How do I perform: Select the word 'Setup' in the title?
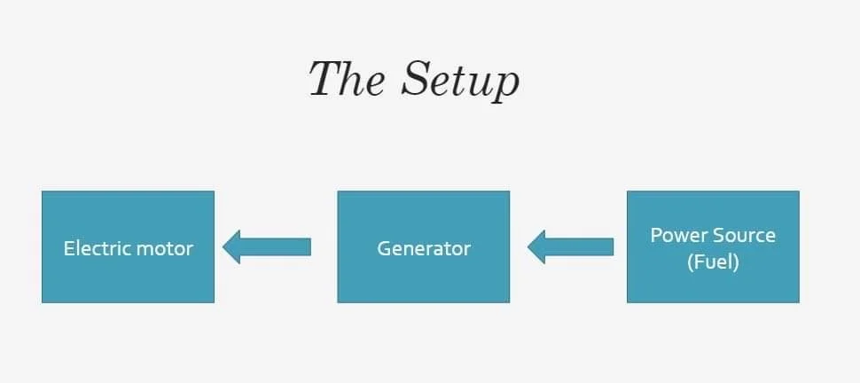point(458,80)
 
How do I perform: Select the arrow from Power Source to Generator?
point(571,246)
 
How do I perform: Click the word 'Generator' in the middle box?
point(423,248)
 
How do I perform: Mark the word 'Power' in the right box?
point(679,235)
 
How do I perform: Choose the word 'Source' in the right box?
point(745,235)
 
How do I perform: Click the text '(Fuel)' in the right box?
point(713,262)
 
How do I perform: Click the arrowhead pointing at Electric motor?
point(233,246)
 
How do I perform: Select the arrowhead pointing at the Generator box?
point(537,246)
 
